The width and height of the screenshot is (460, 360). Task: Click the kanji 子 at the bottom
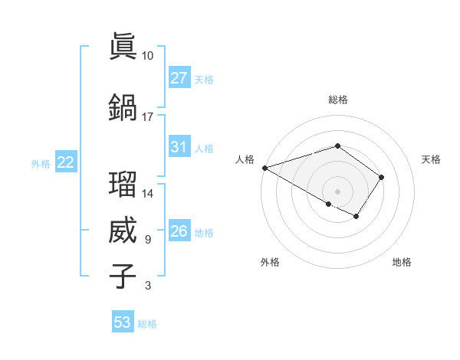(123, 276)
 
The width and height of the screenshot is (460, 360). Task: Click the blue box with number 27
(179, 78)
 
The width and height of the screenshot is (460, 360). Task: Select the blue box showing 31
(179, 147)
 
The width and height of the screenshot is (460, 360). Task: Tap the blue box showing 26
(179, 231)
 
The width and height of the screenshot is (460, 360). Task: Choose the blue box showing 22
(65, 162)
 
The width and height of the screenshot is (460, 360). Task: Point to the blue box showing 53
(123, 322)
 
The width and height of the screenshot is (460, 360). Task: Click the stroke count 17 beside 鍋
(147, 117)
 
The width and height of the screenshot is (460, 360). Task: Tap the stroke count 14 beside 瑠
(147, 194)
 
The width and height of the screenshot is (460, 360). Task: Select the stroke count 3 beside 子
(147, 286)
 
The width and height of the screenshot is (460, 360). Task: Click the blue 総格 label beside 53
(148, 324)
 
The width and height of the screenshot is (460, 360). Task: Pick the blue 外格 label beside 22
(41, 163)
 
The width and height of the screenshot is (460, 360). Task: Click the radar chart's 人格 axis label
(245, 159)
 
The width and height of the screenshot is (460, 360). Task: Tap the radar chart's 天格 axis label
(431, 159)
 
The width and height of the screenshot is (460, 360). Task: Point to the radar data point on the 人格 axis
(264, 168)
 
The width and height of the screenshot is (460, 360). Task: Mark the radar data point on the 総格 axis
(337, 145)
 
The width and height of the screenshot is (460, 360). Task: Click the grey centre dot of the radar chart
(337, 191)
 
